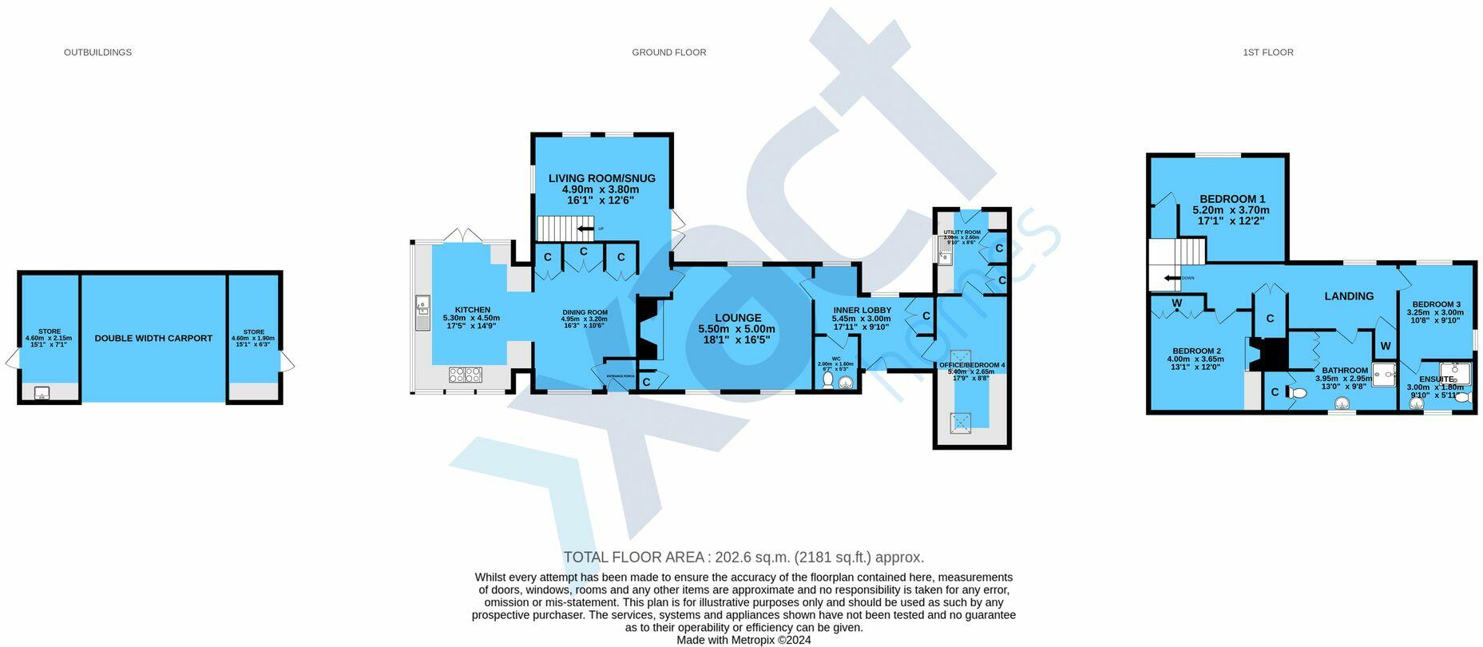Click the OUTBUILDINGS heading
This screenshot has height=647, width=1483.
tap(97, 53)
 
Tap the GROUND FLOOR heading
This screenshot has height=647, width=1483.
tap(668, 53)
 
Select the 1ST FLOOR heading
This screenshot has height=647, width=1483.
tap(1267, 53)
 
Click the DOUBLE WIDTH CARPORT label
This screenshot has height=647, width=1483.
tap(153, 339)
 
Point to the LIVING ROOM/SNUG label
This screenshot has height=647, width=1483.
tap(601, 178)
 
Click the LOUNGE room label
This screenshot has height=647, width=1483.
tap(738, 318)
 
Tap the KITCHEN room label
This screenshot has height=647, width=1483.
tap(473, 310)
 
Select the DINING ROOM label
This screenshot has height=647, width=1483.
tap(585, 312)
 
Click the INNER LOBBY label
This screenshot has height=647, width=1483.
tap(861, 310)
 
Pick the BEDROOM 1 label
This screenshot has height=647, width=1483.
tap(1231, 199)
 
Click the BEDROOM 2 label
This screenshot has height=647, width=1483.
tap(1196, 351)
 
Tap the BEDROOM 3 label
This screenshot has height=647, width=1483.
tap(1436, 304)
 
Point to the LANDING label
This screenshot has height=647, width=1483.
tap(1349, 296)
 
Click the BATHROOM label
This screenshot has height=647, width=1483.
tap(1344, 371)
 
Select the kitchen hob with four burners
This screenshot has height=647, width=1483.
tap(465, 374)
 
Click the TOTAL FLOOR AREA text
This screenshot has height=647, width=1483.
tap(743, 558)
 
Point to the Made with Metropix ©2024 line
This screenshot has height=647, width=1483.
tap(743, 640)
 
